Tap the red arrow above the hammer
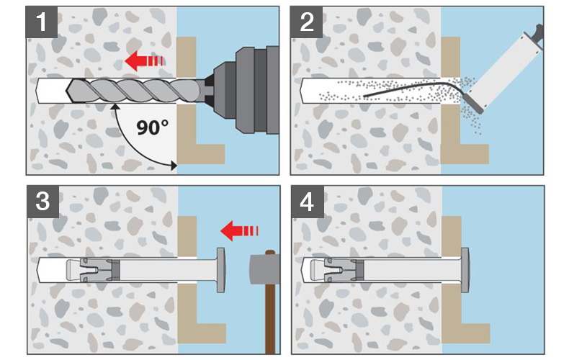(x=239, y=230)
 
